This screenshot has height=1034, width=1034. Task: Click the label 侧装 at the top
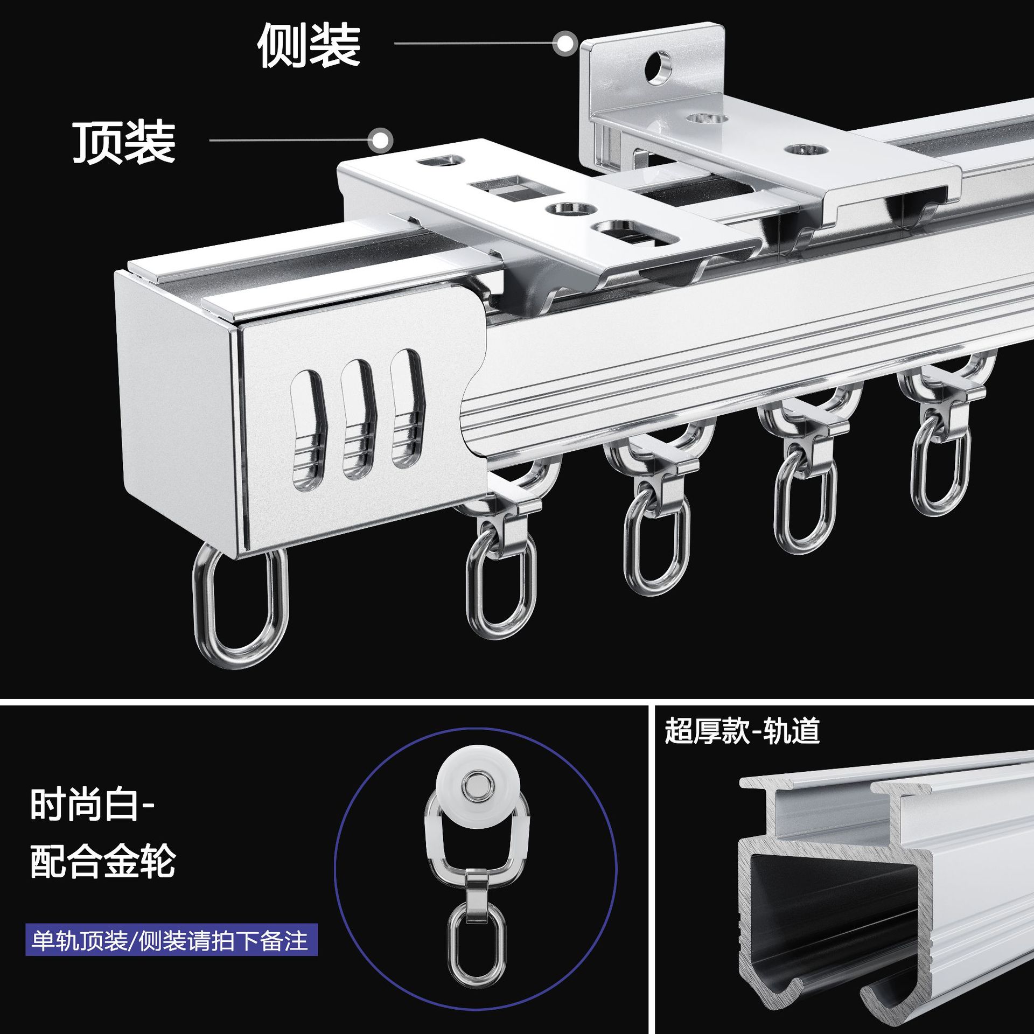[x=309, y=46]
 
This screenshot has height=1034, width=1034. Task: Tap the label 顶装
[x=124, y=142]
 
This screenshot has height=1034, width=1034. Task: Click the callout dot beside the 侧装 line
[x=565, y=43]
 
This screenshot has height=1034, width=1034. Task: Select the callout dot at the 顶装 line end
[x=380, y=141]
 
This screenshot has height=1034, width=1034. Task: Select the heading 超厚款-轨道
[x=742, y=731]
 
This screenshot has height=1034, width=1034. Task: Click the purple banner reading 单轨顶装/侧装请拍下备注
[x=171, y=940]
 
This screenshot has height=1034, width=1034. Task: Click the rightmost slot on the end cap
[x=408, y=408]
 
